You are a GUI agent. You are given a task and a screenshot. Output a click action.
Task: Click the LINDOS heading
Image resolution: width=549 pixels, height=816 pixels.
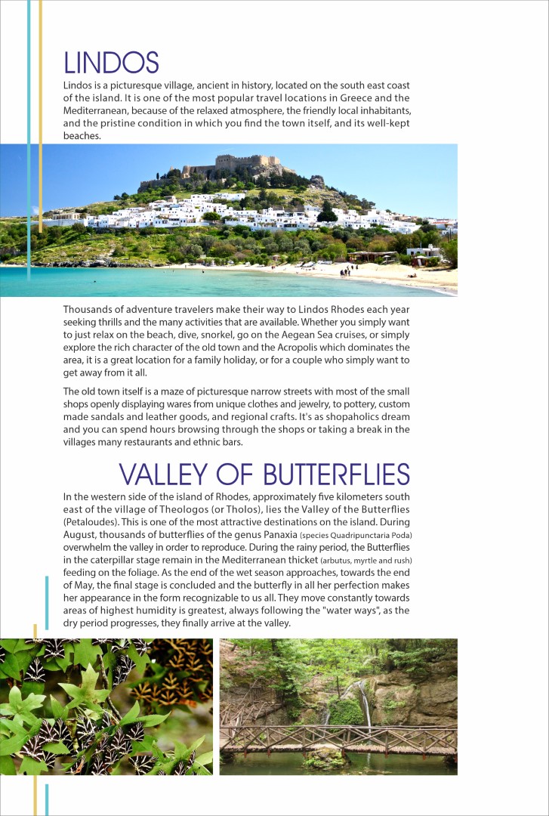[x=111, y=62]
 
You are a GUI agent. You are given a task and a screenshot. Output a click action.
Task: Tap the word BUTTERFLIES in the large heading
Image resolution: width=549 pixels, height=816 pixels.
[x=336, y=474]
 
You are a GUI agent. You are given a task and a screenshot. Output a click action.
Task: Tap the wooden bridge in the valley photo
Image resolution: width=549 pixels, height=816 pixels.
[x=338, y=737]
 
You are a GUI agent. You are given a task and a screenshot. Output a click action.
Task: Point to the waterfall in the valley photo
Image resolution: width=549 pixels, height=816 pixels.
[x=365, y=702]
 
